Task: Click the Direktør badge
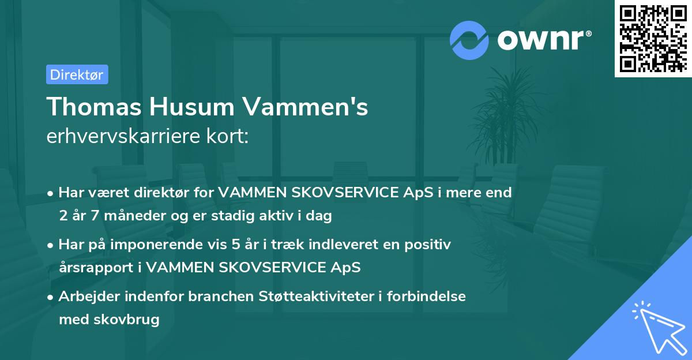77,74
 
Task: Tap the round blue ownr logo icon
469,40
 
